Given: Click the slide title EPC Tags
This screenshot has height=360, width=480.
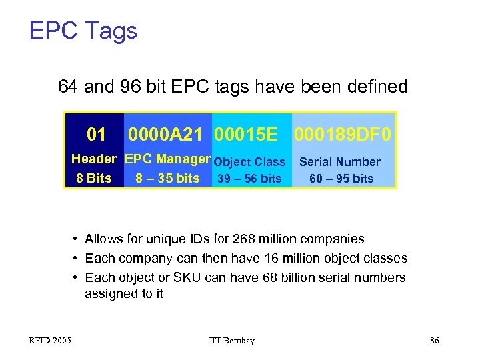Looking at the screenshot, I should click(83, 31).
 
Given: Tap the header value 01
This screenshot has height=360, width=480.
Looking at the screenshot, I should click(97, 135).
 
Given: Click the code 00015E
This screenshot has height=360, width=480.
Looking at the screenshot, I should click(246, 135).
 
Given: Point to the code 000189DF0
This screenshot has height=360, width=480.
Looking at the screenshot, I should click(343, 135).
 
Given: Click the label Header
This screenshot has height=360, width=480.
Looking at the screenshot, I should click(94, 159).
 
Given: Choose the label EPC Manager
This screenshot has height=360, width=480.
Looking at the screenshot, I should click(167, 159).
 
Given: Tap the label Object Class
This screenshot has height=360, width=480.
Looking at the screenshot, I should click(250, 161).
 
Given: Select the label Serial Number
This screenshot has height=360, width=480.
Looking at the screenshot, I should click(340, 161).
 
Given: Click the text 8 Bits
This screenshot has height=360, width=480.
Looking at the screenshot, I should click(94, 178).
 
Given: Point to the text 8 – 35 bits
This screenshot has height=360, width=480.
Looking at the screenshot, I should click(167, 178).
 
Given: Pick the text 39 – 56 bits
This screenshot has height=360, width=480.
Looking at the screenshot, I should click(250, 178).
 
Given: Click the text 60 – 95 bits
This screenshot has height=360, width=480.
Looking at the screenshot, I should click(341, 178).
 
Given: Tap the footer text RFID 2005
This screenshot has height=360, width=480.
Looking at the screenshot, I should click(50, 341).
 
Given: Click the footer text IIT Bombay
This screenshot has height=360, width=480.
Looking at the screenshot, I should click(231, 341).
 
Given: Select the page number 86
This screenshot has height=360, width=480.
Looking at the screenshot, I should click(435, 341).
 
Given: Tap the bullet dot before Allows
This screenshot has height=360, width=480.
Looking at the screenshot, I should click(77, 239).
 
